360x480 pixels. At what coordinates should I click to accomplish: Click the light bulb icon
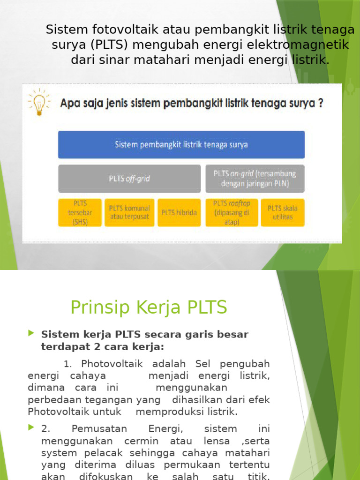tap(39, 102)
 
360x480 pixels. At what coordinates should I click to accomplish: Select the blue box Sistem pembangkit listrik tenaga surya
tap(181, 144)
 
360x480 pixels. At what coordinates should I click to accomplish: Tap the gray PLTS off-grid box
tap(129, 179)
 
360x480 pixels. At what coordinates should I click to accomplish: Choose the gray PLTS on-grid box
tap(255, 179)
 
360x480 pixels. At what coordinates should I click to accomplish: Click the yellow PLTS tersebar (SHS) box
tap(80, 212)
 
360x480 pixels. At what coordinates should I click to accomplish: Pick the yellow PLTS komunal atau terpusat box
tap(129, 212)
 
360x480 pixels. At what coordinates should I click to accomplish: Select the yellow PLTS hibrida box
tap(179, 212)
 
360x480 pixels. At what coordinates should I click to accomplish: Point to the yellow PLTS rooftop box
tap(232, 212)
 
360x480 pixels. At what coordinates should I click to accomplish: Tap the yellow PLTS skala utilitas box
tap(282, 212)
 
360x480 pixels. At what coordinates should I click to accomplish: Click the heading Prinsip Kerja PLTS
tap(149, 307)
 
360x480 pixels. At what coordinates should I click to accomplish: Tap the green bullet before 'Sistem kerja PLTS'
tap(31, 333)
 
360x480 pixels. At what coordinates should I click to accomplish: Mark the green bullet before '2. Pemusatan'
tap(31, 427)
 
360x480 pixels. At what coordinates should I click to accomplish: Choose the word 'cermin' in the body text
tap(140, 441)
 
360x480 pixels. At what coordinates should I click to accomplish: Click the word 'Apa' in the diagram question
tap(68, 104)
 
